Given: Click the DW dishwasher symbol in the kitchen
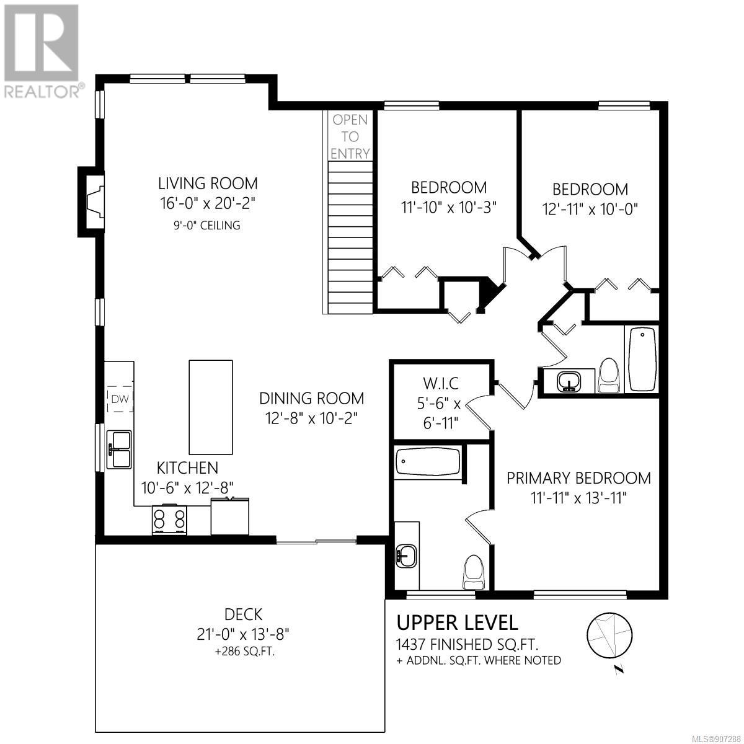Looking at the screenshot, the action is pos(120,399).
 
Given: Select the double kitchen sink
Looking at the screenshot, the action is pos(119,449).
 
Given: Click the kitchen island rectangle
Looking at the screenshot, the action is pos(210,407).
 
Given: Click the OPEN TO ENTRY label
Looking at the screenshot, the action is pos(350,136).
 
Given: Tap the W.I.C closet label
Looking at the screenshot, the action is pos(441,383).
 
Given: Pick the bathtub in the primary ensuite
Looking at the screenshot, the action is pos(428,462).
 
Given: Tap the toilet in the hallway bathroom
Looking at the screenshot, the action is pos(609,375).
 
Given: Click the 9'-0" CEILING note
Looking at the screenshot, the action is pos(207,225).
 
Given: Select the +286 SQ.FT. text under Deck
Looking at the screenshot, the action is pos(245,652).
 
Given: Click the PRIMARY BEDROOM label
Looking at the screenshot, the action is pos(578,478).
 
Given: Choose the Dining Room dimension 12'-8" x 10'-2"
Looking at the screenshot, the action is pos(312,418).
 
